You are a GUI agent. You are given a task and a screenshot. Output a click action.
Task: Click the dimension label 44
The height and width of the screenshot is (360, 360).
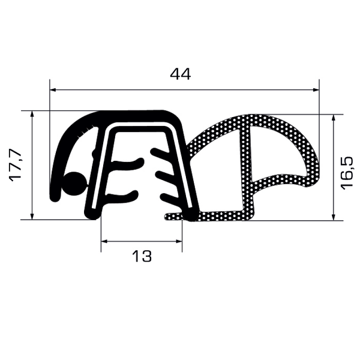[x=180, y=74]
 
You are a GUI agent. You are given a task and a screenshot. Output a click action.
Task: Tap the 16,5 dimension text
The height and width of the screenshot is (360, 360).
[x=347, y=173]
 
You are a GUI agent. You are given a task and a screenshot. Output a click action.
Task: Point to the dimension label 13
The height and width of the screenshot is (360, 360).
[x=142, y=256]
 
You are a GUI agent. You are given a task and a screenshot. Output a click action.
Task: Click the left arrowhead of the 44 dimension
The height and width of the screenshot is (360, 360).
[x=53, y=89]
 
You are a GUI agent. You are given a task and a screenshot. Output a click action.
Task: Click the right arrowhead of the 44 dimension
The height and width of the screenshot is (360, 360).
[x=316, y=89]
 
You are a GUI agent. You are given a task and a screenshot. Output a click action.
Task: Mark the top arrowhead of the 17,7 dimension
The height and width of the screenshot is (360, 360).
[x=32, y=114]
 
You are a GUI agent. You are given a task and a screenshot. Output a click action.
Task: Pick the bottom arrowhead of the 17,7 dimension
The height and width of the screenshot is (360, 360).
[x=32, y=216]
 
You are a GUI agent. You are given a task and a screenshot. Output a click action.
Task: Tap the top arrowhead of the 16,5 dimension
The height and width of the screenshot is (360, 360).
[x=334, y=118]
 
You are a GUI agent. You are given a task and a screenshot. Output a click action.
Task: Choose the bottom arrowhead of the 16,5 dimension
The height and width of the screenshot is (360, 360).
[x=334, y=217]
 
